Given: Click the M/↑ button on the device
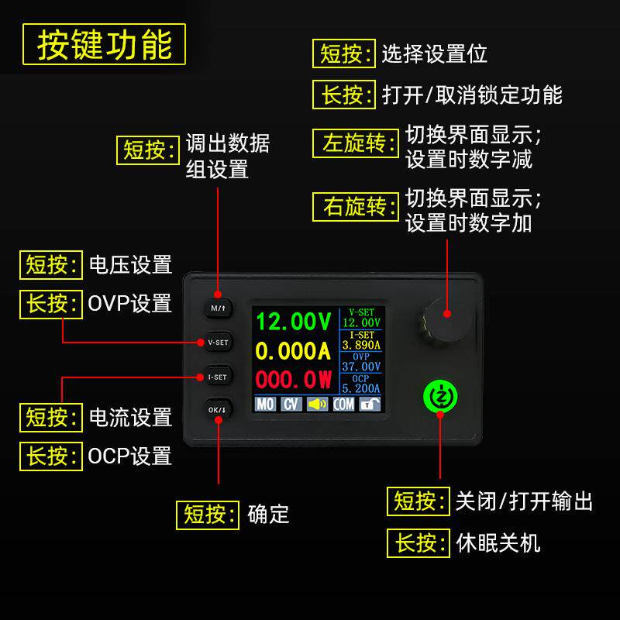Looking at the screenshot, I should tap(218, 308).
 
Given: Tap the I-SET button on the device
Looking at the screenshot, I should tap(218, 377).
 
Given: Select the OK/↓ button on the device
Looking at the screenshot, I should tap(218, 409).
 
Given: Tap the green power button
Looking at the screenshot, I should tap(440, 395).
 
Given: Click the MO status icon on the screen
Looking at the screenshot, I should tap(265, 404).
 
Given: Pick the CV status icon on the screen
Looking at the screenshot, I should tap(291, 404).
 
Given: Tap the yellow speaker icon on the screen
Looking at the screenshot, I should tap(317, 404).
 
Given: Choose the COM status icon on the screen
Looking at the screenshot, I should tap(343, 404).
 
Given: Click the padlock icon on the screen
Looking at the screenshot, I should tap(370, 404).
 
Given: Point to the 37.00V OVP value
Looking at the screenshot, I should tap(361, 367).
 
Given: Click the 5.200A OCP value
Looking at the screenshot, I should tap(361, 388).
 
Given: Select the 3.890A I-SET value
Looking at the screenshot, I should tap(361, 345).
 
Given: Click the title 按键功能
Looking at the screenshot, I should tap(105, 44).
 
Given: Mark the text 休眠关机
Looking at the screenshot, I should tap(498, 542).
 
